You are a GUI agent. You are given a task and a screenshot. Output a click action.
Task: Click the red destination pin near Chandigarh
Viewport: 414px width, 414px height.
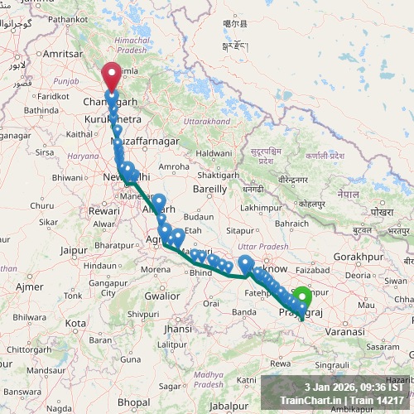[x=110, y=77]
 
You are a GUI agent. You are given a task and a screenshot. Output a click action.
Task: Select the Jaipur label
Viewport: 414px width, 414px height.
[x=74, y=248]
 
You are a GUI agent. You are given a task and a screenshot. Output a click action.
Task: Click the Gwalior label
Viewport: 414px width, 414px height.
[x=161, y=296]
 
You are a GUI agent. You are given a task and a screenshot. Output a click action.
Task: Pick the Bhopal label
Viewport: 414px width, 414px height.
[x=133, y=402]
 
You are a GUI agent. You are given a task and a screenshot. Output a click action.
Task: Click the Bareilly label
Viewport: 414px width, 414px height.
[x=209, y=189]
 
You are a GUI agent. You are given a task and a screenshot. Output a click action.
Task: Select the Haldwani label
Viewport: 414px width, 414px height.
[x=214, y=153]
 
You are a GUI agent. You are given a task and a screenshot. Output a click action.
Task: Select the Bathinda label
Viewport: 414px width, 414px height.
[x=42, y=109]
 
